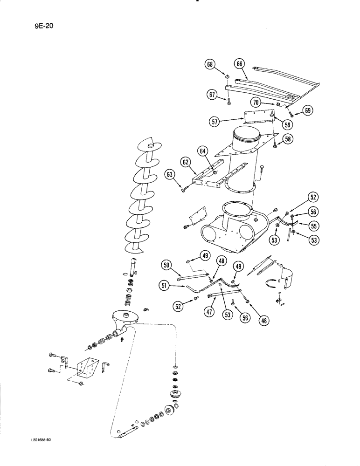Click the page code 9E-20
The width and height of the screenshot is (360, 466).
click(43, 26)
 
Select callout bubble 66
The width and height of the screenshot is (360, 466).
click(240, 64)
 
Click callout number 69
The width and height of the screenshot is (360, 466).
click(307, 110)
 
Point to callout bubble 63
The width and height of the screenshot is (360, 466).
click(170, 175)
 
